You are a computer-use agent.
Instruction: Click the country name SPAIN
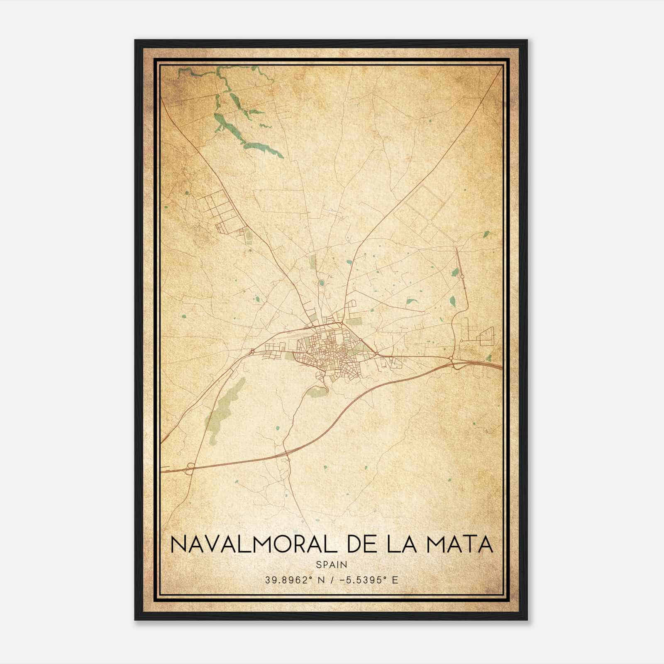[x=332, y=564]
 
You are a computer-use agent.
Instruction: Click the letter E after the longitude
[x=395, y=580]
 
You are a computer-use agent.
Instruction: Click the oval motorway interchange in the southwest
[x=190, y=469]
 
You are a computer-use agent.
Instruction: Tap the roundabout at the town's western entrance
[x=252, y=352]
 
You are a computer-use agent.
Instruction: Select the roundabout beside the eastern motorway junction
[x=451, y=358]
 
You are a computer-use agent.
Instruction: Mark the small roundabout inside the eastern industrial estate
[x=461, y=341]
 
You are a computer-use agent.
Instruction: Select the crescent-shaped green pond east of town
[x=412, y=302]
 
